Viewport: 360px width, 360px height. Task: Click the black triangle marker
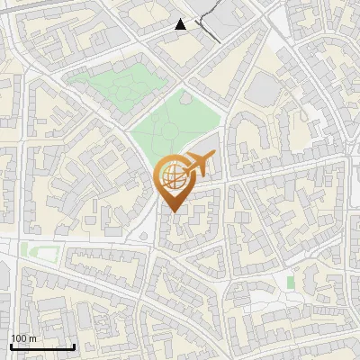181,24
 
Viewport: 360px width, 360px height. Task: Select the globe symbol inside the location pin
173,175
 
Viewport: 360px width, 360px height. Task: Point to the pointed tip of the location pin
173,212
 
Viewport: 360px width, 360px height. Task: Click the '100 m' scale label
22,338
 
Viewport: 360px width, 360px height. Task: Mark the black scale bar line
42,346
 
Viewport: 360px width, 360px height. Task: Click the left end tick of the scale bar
11,345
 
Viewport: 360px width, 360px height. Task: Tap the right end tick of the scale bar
75,345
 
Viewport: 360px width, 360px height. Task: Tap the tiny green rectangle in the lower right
291,283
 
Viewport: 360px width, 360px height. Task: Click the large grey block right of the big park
263,88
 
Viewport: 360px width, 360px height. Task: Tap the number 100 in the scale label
18,338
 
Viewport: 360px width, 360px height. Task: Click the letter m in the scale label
31,338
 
